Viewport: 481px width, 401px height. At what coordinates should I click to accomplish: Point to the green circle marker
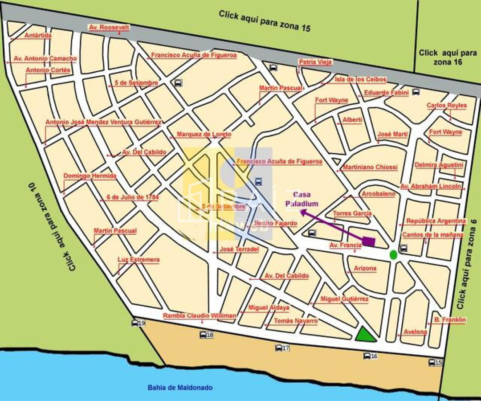tap(393, 255)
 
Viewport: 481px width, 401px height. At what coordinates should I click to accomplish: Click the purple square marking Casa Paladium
tap(368, 241)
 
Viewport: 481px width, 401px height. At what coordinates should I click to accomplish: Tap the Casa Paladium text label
tap(302, 199)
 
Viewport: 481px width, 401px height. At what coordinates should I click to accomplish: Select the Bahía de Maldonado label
tap(180, 388)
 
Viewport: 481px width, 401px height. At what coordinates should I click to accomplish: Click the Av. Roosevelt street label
tap(109, 28)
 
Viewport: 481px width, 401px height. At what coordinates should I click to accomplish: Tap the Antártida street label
tap(38, 36)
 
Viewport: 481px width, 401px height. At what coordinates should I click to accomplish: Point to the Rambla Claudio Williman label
tap(200, 315)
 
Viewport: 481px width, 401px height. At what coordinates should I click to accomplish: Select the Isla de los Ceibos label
tap(361, 80)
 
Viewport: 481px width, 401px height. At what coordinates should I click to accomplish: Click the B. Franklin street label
tap(450, 320)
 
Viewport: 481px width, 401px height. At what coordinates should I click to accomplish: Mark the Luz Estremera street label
tap(139, 260)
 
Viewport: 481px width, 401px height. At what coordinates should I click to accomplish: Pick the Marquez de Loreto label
tap(204, 134)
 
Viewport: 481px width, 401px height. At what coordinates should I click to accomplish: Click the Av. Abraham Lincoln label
tap(430, 186)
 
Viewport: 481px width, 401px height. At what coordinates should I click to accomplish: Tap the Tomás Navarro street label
tap(296, 321)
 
